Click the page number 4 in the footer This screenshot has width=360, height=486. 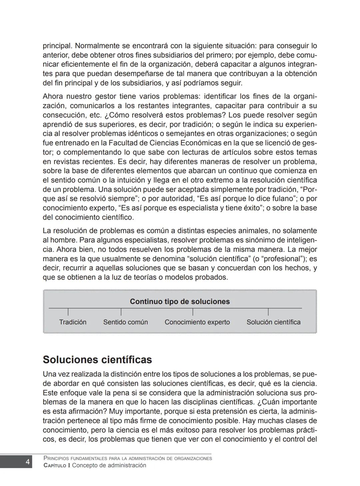(x=28, y=462)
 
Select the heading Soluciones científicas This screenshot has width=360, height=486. (x=97, y=360)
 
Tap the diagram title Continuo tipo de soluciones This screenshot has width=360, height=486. (x=180, y=301)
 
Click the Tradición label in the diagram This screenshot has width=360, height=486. (x=73, y=322)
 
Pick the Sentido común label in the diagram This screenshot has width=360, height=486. (x=125, y=322)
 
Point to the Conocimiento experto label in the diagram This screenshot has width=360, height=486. (x=197, y=322)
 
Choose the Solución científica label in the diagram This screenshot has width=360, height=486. (x=273, y=322)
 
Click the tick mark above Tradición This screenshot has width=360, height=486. (x=68, y=312)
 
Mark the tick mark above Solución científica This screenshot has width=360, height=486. (x=268, y=312)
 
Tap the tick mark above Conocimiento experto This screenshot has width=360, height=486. (x=193, y=312)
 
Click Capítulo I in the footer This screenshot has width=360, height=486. (x=57, y=465)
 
